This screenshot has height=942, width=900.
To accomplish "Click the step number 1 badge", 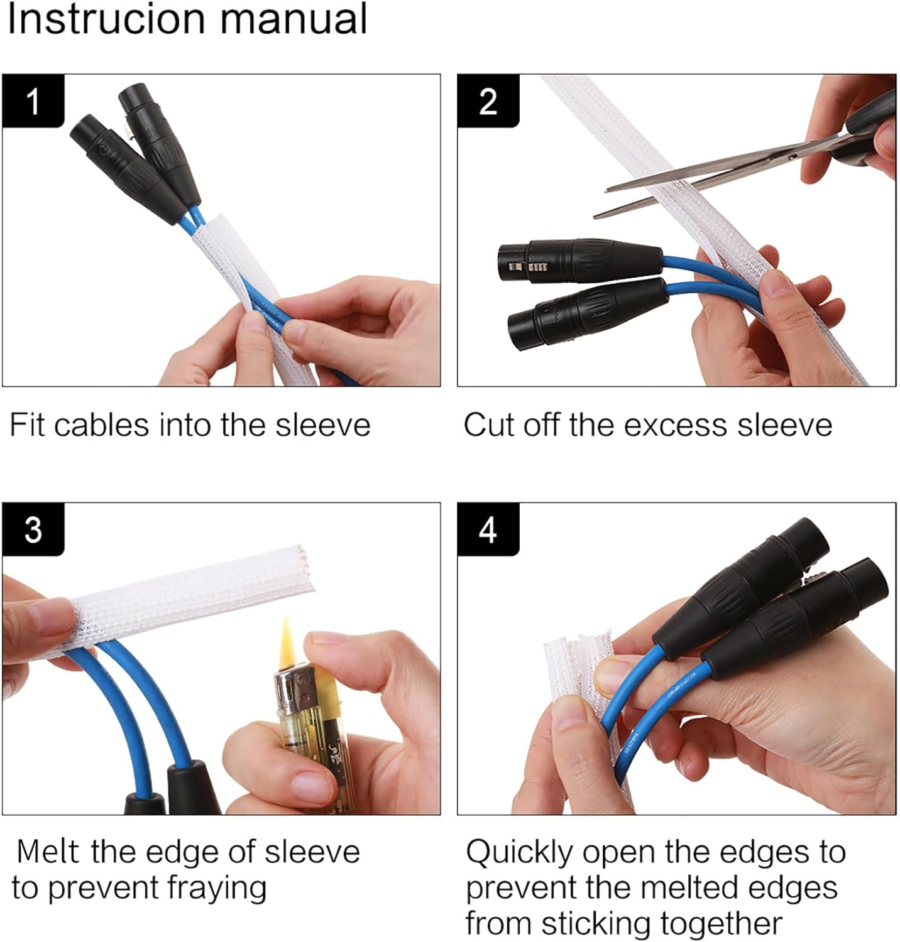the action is pos(33,100).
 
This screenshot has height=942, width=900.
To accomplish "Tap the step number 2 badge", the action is pos(488,100).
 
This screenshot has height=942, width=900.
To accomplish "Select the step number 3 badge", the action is pos(33,529).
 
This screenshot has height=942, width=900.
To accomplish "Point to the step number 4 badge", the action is pos(488,529).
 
